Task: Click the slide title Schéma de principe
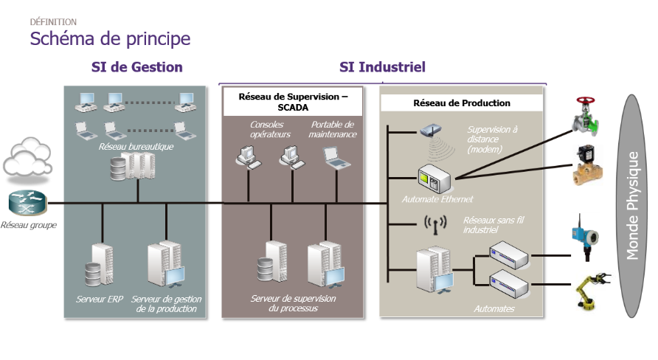[x=110, y=38]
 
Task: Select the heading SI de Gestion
[x=136, y=67]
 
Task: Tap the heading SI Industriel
[x=382, y=67]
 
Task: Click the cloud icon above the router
[x=26, y=156]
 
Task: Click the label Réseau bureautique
[x=136, y=146]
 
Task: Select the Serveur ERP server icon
[x=99, y=265]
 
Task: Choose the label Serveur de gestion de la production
[x=167, y=304]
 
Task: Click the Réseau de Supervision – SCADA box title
[x=293, y=102]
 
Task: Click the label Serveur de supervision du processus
[x=294, y=303]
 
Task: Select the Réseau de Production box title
[x=462, y=103]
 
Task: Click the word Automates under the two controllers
[x=494, y=309]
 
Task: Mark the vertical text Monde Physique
[x=632, y=204]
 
